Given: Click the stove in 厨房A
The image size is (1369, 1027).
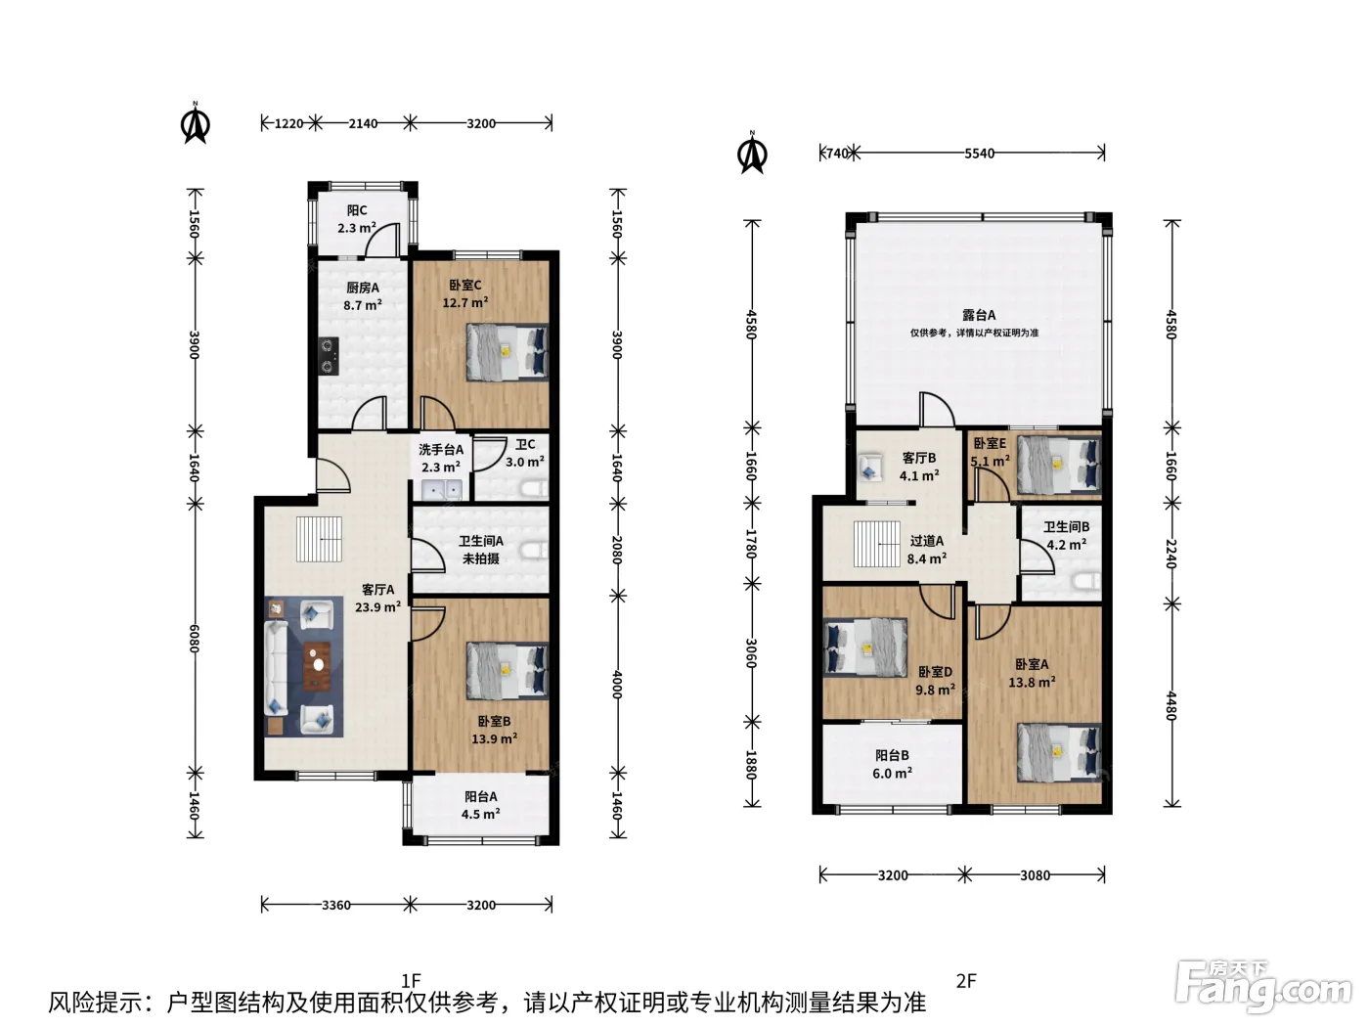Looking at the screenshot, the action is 329,356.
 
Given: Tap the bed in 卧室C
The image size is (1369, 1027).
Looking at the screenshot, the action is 508,352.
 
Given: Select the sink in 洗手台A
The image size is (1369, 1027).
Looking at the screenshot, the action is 441,490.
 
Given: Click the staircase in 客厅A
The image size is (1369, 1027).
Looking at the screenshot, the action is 319,539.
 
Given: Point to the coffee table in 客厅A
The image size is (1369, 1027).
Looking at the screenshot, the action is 318,665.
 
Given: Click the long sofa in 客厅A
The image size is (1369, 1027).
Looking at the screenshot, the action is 276,668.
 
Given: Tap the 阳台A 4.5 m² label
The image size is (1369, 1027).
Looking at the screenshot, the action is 480,805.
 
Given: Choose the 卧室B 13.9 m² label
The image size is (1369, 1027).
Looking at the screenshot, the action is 494,730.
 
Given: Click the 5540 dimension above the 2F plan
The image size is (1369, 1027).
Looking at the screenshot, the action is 979,154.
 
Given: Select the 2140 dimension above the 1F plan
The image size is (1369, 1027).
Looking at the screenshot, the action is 363,123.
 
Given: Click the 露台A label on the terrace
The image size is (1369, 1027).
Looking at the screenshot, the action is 979,315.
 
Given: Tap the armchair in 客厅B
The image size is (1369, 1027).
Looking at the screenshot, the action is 870,469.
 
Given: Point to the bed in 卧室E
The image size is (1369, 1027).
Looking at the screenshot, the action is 1058,466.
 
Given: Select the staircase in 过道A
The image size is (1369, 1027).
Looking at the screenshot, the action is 877,544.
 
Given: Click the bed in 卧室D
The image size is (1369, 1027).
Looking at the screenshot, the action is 865,647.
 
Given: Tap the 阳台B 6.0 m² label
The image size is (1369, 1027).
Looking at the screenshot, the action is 892,765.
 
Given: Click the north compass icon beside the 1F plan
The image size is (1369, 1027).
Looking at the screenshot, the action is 196,123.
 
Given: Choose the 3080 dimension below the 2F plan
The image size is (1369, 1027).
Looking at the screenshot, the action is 1035,875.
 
